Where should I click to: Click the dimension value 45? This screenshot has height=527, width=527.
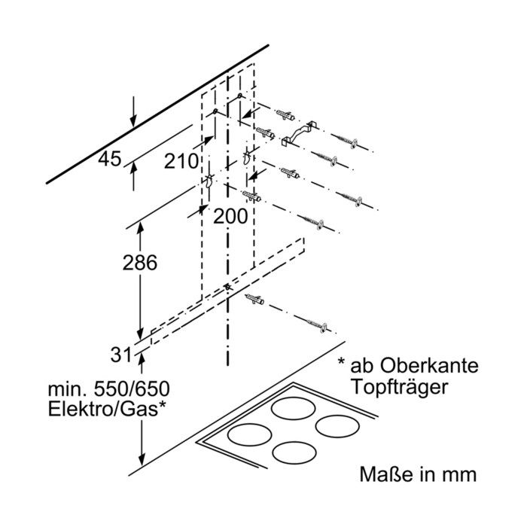[110, 160]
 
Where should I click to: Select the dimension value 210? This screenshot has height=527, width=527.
[181, 161]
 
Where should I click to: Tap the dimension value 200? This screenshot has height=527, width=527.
[230, 216]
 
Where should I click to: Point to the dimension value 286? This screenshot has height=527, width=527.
[140, 263]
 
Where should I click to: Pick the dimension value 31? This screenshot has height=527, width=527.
[120, 355]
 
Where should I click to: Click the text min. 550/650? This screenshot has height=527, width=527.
[109, 389]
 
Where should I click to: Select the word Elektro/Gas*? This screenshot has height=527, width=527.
[107, 409]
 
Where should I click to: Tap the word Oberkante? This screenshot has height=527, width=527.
[429, 366]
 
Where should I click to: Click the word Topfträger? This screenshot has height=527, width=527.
[399, 387]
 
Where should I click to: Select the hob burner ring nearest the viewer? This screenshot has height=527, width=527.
[294, 452]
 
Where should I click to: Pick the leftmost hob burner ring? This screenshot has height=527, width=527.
[249, 434]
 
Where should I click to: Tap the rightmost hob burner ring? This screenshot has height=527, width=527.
[337, 426]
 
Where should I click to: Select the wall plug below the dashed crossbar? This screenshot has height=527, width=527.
[254, 298]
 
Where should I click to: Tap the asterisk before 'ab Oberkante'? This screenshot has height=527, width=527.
[342, 361]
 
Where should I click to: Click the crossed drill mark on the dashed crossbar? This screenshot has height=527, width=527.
[228, 287]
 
